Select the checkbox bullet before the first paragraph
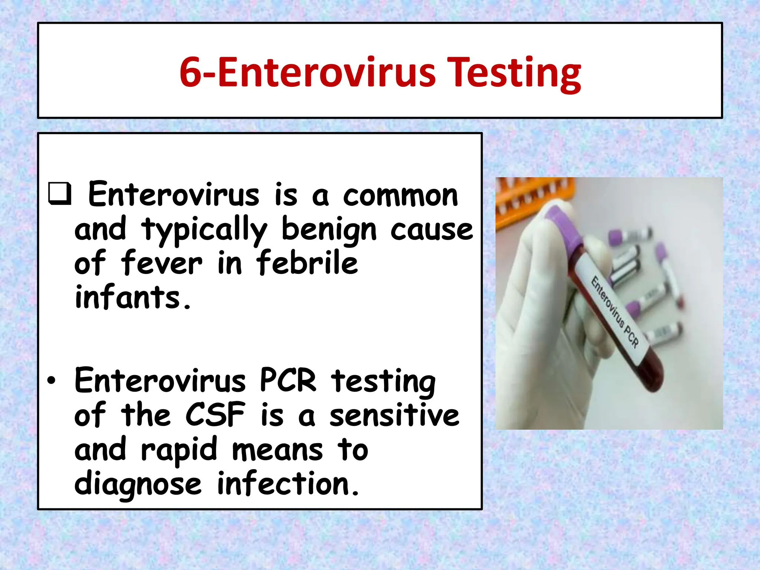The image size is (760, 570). click(x=59, y=193)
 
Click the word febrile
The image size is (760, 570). click(x=307, y=263)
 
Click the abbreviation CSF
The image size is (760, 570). click(x=215, y=415)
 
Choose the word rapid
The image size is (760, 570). click(x=179, y=450)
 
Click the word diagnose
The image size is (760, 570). click(x=138, y=484)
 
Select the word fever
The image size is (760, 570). click(x=161, y=263)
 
